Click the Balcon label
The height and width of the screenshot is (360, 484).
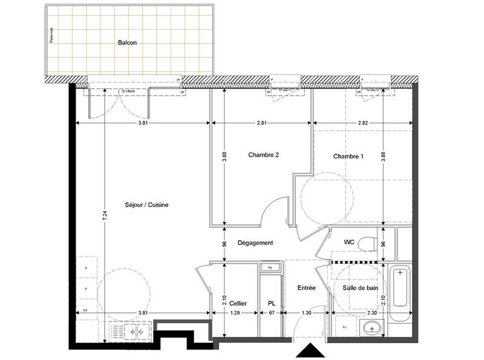126,43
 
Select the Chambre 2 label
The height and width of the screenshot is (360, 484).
263,155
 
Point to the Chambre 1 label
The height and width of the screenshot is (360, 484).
348,157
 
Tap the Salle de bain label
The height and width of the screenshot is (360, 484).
360,289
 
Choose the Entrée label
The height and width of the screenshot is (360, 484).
306,289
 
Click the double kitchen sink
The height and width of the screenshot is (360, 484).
134,331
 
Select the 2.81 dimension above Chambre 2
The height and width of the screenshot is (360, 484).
261,123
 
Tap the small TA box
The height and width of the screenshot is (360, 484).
269,267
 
